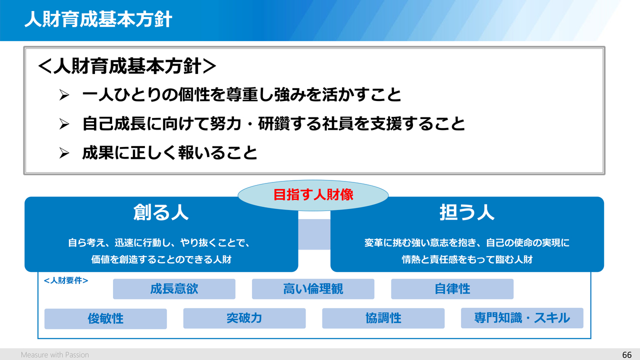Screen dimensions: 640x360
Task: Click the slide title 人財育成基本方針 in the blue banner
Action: tap(98, 19)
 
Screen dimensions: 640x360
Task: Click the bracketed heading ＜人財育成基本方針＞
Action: tap(127, 66)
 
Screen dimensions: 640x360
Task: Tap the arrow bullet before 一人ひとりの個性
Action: tap(64, 95)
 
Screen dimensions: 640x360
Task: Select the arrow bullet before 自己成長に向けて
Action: tap(64, 124)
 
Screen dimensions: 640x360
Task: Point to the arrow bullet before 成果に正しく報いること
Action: tap(64, 153)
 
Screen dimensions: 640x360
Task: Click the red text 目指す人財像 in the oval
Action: tap(313, 195)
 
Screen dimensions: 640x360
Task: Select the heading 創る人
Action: tap(161, 212)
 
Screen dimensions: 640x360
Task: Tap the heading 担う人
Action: tap(467, 212)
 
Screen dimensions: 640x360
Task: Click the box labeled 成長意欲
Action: tap(174, 289)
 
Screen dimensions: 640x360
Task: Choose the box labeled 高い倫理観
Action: tap(313, 289)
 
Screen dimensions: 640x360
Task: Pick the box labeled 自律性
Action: tap(452, 289)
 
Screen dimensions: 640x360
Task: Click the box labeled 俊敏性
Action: tap(105, 318)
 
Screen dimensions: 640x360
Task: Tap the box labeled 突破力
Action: tap(244, 318)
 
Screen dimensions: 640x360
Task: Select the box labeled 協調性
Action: tap(383, 318)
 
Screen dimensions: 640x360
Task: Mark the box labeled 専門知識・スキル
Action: tap(522, 318)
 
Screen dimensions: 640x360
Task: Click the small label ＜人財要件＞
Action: tap(66, 280)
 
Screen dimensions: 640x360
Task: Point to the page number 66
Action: tap(626, 355)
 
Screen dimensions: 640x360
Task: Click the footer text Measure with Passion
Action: tap(55, 355)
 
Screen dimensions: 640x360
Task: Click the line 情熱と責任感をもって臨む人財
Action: tap(467, 259)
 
